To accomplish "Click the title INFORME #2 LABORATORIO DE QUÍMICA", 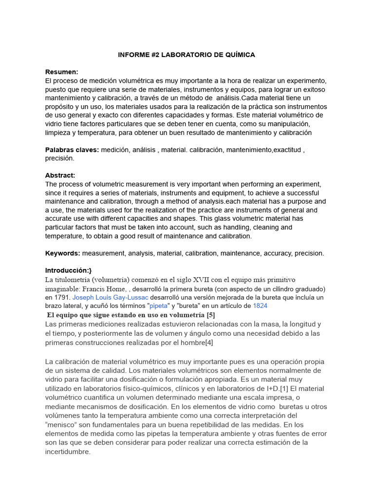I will pos(187,55).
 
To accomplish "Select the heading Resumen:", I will pos(62,72).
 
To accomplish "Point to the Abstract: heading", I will pos(60,175).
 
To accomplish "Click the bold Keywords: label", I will pos(63,253).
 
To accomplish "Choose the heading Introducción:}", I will pos(69,270).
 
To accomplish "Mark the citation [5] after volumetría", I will pos(210,315).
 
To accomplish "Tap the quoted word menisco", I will pos(61,424).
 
